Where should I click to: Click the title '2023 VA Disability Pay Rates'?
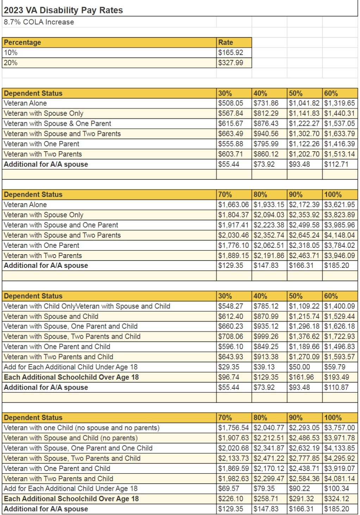pos(63,10)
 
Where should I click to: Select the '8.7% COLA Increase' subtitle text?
pos(39,22)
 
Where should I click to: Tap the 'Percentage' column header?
pos(23,42)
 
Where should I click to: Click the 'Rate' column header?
pos(226,42)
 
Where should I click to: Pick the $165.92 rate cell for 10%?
pos(231,53)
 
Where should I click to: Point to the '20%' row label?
pos(11,63)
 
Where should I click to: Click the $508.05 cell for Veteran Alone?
pos(231,103)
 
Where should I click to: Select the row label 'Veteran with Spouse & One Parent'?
pos(57,124)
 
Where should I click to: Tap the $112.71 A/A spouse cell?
pos(336,164)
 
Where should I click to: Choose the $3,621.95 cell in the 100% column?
pos(340,205)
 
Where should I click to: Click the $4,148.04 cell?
pos(340,235)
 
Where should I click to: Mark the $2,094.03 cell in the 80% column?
pos(269,215)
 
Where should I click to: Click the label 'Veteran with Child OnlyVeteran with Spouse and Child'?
pos(87,306)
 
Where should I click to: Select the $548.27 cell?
pos(231,306)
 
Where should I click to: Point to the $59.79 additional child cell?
pos(335,367)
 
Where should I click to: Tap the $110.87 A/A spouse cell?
pos(336,387)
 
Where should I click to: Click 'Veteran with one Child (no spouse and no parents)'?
pos(82,428)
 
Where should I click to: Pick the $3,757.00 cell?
pos(340,428)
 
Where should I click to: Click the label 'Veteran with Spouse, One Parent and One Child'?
pos(78,448)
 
